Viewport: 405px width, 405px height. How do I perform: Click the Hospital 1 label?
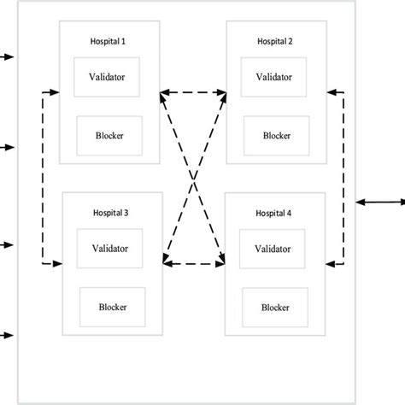click(109, 41)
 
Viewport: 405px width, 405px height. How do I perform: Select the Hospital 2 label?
click(275, 41)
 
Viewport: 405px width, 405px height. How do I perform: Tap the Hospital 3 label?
click(113, 212)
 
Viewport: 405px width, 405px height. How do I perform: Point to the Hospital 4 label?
click(274, 212)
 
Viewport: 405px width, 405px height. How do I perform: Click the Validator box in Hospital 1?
click(108, 76)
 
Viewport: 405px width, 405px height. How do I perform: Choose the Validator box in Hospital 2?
click(274, 76)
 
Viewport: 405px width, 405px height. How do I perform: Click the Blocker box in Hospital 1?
click(108, 133)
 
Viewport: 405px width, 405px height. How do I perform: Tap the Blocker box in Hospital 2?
click(274, 135)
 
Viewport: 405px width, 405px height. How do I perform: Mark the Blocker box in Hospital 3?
click(113, 306)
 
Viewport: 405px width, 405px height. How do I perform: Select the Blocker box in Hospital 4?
click(274, 306)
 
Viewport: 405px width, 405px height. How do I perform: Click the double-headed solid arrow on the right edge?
click(381, 202)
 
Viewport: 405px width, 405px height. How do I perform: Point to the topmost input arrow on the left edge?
click(8, 57)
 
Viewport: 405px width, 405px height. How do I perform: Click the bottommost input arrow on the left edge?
click(8, 335)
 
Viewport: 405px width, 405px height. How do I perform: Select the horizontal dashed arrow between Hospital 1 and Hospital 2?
click(193, 91)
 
